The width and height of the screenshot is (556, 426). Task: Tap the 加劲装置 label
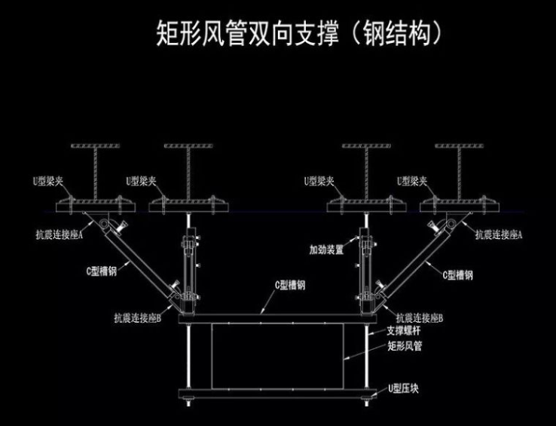325,249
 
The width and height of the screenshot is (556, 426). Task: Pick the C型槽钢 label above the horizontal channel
289,284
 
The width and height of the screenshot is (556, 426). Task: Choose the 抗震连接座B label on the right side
419,317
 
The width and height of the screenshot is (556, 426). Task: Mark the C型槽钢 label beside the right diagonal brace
457,276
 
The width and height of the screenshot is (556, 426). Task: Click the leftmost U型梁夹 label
50,181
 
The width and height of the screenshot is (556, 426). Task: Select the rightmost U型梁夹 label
413,181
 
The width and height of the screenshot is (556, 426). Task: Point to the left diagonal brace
140,261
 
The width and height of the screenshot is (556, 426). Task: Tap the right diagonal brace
414,261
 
